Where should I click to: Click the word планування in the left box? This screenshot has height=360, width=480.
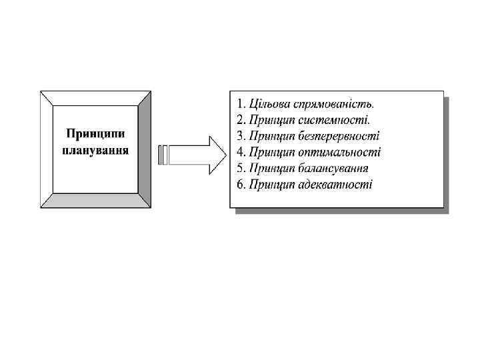[95, 150]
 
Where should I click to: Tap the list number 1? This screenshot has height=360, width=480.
[241, 104]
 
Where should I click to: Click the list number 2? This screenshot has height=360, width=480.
[241, 120]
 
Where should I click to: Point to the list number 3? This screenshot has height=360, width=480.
[241, 136]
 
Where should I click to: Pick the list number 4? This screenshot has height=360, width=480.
[241, 152]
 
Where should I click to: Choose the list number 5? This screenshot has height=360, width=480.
[241, 168]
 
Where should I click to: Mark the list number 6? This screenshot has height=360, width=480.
[241, 184]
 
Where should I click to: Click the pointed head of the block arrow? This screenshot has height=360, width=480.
[217, 155]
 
